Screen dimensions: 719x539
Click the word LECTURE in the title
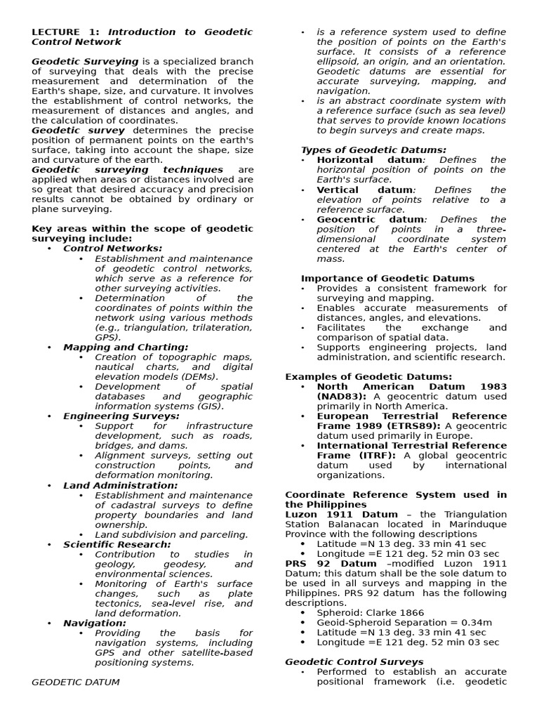(x=55, y=32)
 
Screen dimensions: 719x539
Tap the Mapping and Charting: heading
(x=126, y=347)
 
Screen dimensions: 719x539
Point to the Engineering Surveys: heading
(x=121, y=416)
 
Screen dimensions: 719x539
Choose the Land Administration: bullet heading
(x=120, y=485)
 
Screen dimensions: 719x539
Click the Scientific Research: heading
(x=117, y=544)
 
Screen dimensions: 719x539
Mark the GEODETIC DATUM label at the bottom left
(x=76, y=682)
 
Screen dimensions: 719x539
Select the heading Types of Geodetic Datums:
(x=373, y=150)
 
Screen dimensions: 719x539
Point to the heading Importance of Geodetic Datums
(x=387, y=278)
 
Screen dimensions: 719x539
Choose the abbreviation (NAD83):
(x=342, y=396)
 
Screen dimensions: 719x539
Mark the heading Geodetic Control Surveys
(x=354, y=661)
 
